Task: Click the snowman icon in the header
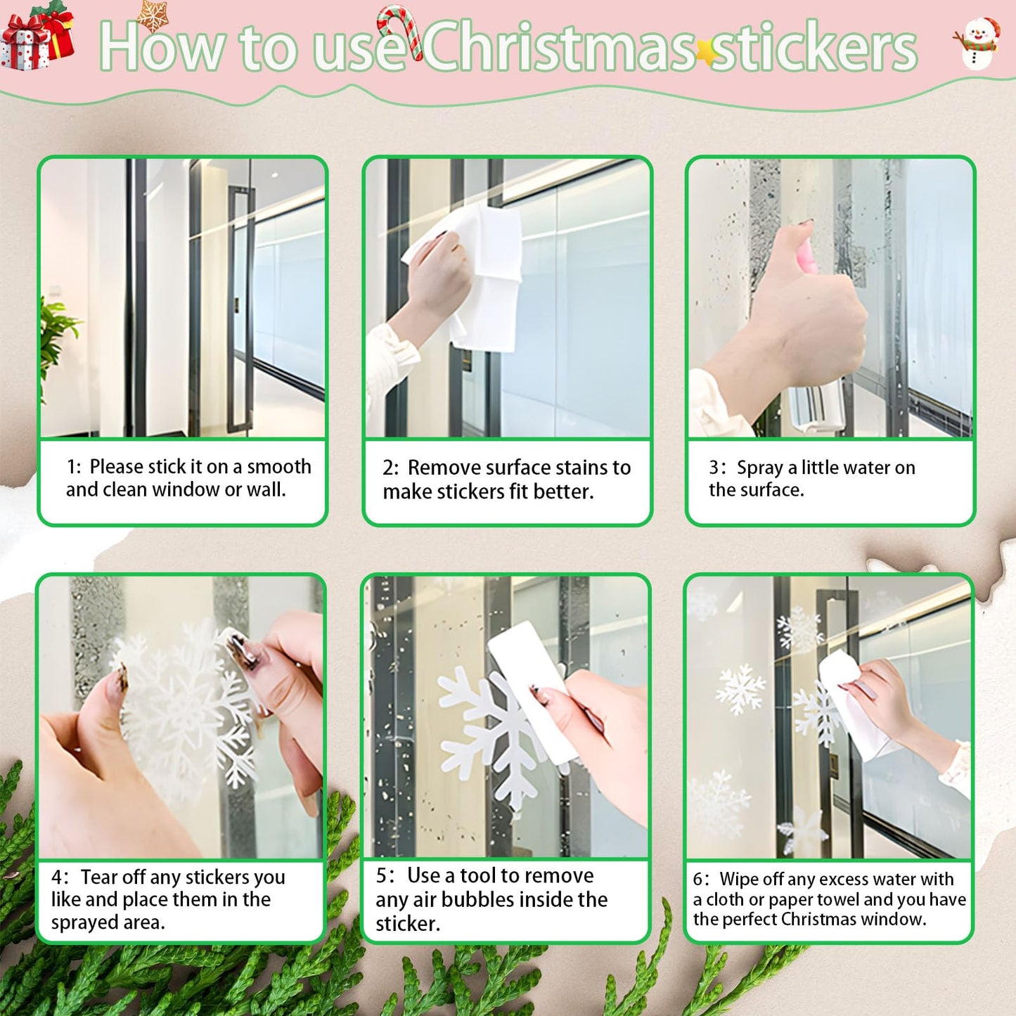point(978,43)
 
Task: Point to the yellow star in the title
point(705,51)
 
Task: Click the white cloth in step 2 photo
point(478,274)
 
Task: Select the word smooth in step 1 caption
point(279,467)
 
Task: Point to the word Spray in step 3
point(759,468)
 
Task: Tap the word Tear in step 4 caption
point(98,877)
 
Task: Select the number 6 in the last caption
point(697,880)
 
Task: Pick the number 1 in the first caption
point(71,467)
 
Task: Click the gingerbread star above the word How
point(153,14)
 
